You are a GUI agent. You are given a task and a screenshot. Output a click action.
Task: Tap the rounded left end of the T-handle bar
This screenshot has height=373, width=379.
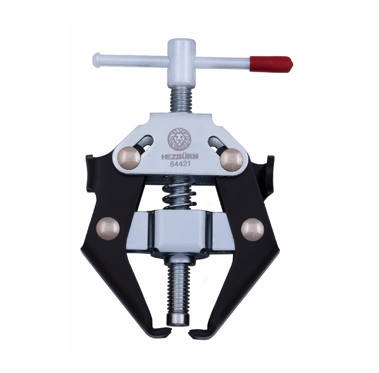pyautogui.click(x=97, y=60)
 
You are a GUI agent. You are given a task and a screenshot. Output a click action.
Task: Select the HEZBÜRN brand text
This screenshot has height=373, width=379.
pyautogui.click(x=180, y=157)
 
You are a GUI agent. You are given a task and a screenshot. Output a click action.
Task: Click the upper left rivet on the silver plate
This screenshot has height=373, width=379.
pyautogui.click(x=129, y=158)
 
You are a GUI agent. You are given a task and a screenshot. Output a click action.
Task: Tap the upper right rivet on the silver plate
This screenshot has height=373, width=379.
pyautogui.click(x=232, y=159)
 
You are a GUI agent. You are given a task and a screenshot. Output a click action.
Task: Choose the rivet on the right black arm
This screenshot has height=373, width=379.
pyautogui.click(x=252, y=229)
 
